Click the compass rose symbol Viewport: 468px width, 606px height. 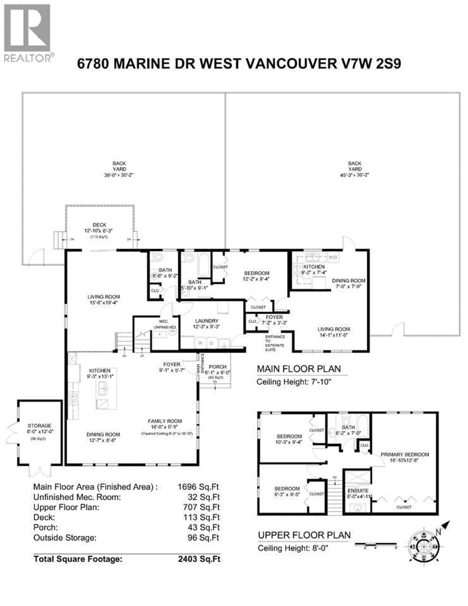coord(424,547)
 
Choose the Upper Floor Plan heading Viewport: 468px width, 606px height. coord(304,535)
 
